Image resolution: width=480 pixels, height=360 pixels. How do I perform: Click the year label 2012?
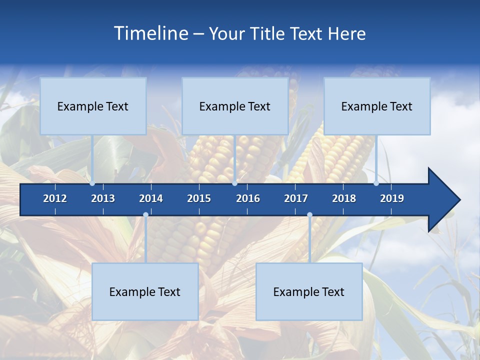coord(55,198)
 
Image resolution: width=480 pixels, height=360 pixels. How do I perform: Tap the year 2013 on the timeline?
coord(103,198)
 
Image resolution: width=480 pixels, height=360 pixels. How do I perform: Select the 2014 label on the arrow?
coord(151,198)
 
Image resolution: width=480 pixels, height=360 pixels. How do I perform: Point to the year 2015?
coord(199,198)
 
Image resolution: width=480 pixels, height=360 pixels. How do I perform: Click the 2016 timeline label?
coord(248,198)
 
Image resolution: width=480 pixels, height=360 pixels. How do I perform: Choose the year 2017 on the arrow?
coord(296,198)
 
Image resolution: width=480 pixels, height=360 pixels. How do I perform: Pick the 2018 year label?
coord(344,198)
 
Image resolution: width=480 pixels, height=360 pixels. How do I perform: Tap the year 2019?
coord(392,198)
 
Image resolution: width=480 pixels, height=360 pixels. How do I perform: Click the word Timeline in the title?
coord(150,33)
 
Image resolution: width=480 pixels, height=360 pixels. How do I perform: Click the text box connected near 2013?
coord(93,106)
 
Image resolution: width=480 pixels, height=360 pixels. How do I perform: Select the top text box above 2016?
coord(235,106)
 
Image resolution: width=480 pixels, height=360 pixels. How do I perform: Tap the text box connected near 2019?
coord(377,106)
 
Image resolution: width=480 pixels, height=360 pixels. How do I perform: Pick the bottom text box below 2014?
coord(145,291)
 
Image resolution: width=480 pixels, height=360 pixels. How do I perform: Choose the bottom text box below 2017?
coord(309,291)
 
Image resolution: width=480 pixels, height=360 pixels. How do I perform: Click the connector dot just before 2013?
coord(92,183)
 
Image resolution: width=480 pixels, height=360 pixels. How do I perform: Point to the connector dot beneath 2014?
coord(145,215)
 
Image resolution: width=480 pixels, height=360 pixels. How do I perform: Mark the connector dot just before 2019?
coord(376,183)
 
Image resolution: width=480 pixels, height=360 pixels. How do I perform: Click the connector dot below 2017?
coord(309,215)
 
